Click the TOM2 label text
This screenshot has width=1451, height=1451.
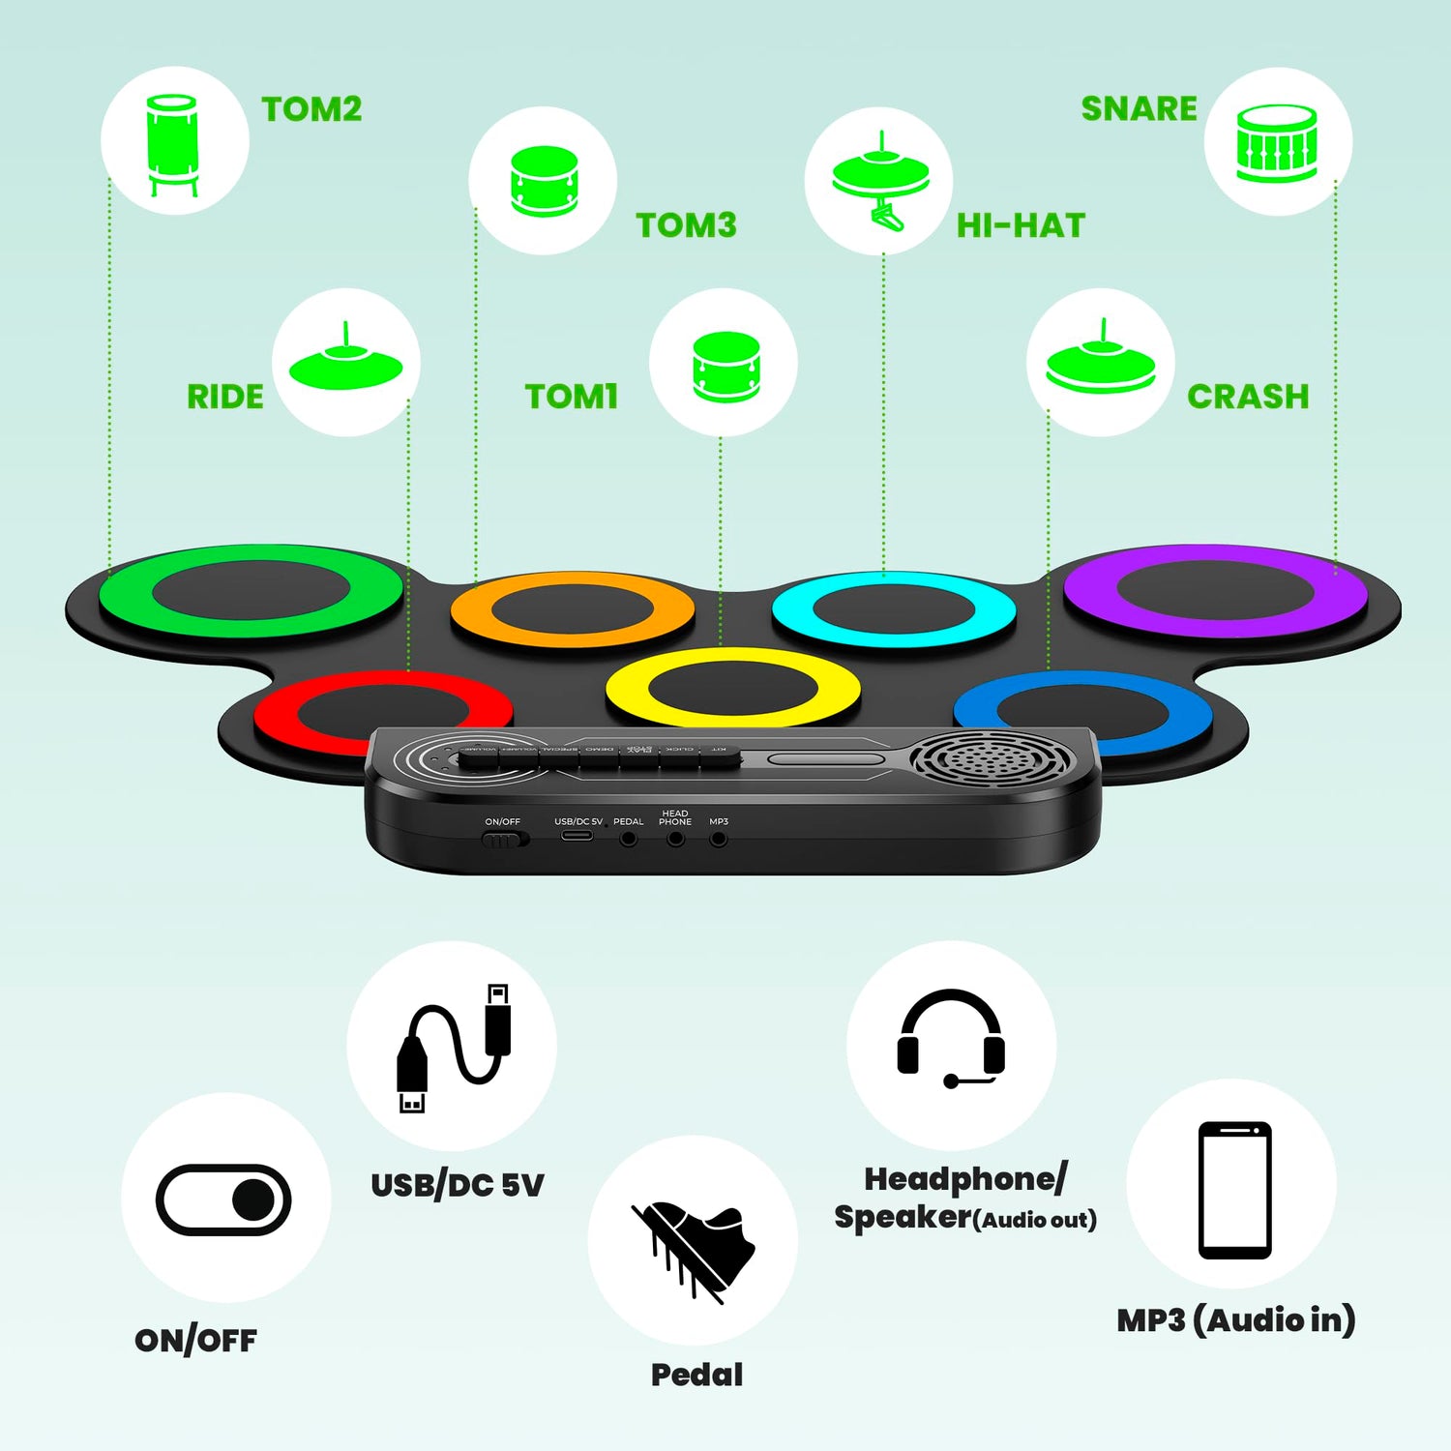click(311, 109)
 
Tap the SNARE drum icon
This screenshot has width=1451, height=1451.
click(1277, 143)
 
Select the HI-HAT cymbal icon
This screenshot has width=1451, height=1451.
click(880, 181)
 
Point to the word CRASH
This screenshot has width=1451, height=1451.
click(1248, 397)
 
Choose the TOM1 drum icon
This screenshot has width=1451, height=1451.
click(725, 365)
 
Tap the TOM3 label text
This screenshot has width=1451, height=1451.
click(686, 225)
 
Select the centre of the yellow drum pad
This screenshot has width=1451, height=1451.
click(732, 689)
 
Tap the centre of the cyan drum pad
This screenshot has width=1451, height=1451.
click(894, 610)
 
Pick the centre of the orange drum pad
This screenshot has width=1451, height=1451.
click(573, 610)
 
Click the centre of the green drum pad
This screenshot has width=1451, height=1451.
click(251, 591)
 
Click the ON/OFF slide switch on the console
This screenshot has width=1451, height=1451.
click(504, 839)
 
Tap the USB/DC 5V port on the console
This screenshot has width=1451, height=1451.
click(577, 834)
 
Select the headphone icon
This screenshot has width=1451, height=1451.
click(951, 1040)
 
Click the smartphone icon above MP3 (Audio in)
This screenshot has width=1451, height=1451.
click(1234, 1189)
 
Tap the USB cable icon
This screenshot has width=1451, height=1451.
click(453, 1048)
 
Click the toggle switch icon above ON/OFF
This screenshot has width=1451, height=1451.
click(223, 1199)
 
